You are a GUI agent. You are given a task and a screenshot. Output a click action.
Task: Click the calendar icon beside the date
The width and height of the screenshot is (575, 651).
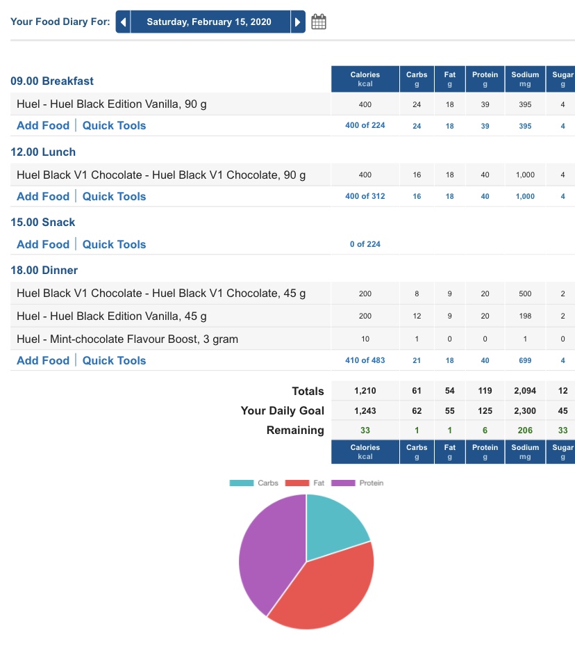(x=319, y=22)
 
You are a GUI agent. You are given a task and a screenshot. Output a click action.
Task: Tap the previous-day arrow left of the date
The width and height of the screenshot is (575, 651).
(x=123, y=22)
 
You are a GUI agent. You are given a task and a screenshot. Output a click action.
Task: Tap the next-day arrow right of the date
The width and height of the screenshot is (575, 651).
(x=298, y=22)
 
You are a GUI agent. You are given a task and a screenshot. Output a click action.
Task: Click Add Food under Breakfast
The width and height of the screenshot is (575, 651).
(x=43, y=126)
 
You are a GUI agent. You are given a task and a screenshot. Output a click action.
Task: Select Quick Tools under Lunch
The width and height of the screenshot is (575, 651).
(x=114, y=197)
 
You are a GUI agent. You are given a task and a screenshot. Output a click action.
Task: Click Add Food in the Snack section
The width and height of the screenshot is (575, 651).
(x=43, y=245)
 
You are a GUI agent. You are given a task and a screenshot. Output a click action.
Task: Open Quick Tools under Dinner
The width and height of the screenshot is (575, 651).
(x=114, y=361)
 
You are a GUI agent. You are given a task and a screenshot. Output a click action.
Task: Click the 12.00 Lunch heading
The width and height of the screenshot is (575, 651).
(x=43, y=152)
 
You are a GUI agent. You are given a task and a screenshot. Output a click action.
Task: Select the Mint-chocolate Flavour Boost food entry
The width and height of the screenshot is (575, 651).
(x=127, y=339)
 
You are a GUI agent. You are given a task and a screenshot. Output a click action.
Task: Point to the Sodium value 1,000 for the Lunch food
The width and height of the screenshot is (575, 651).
(x=525, y=175)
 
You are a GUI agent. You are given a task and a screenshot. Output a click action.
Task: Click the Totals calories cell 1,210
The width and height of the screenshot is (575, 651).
(x=365, y=392)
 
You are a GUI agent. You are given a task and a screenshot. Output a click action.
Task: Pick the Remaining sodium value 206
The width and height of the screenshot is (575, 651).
(x=525, y=431)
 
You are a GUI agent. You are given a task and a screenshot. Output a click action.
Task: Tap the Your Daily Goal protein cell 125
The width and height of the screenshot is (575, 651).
(x=485, y=411)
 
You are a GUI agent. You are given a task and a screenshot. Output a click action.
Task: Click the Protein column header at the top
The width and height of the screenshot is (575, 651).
(x=485, y=79)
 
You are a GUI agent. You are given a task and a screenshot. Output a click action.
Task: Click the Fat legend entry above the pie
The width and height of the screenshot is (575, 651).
(x=304, y=483)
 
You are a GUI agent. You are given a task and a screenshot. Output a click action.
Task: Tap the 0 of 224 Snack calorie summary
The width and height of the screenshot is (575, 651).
(x=365, y=245)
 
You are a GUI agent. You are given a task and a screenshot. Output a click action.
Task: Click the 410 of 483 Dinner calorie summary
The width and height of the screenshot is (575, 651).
(x=365, y=361)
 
